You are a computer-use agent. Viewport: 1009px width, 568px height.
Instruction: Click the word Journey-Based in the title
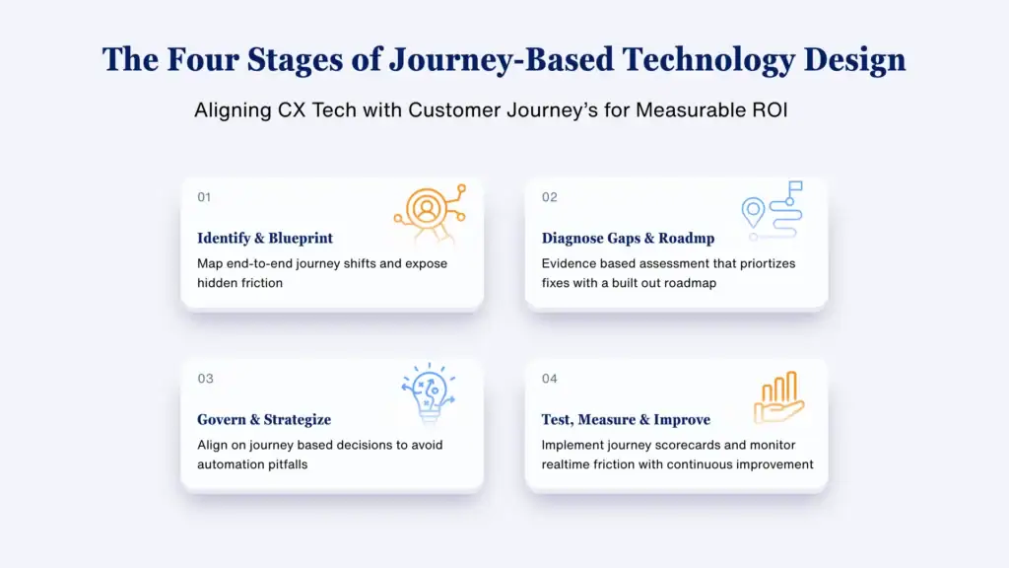tap(502, 60)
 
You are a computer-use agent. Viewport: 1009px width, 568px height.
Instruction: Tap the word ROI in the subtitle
tap(770, 110)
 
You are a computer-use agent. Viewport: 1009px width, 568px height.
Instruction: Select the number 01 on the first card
tap(204, 197)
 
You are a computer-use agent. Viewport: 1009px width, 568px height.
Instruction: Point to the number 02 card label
tap(549, 197)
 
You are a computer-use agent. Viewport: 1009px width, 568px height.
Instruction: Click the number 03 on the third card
tap(205, 379)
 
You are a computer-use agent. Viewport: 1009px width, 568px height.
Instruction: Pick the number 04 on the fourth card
tap(550, 379)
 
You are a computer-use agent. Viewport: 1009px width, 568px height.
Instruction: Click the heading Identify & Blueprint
tap(265, 239)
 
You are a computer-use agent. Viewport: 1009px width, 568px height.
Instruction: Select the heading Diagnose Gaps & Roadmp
tap(628, 239)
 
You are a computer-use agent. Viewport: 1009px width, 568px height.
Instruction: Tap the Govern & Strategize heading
tap(264, 420)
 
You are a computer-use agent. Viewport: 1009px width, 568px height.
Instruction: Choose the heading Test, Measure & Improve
tap(626, 420)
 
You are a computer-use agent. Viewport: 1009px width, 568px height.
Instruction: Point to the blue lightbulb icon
tap(429, 392)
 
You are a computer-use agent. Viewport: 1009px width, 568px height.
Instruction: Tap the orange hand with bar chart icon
tap(779, 397)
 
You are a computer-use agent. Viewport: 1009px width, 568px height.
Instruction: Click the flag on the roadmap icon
tap(795, 186)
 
